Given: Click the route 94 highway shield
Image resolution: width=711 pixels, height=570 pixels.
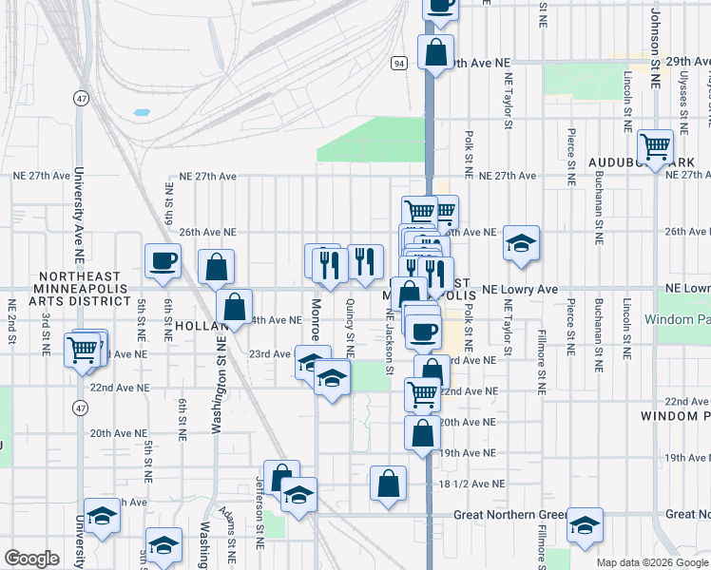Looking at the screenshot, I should pos(397,63).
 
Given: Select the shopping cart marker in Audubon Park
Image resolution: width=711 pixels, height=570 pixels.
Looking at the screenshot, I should pos(655,146).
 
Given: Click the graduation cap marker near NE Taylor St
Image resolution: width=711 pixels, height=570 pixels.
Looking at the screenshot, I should pos(521,243).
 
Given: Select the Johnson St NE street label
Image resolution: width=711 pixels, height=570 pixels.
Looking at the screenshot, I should pos(655,47).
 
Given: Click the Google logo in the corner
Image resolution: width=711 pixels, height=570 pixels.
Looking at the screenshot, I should pos(31,559).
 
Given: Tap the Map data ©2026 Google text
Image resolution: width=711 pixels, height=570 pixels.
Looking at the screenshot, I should pos(653,562).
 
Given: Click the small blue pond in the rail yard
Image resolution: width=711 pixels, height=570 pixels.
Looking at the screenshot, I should pos(142,112).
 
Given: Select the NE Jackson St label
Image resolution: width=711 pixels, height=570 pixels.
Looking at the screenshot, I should pos(389,337).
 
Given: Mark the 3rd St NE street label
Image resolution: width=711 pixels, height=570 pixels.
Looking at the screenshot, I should pos(45,329).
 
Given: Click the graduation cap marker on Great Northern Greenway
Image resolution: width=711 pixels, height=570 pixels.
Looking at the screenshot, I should pos(585,524).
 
